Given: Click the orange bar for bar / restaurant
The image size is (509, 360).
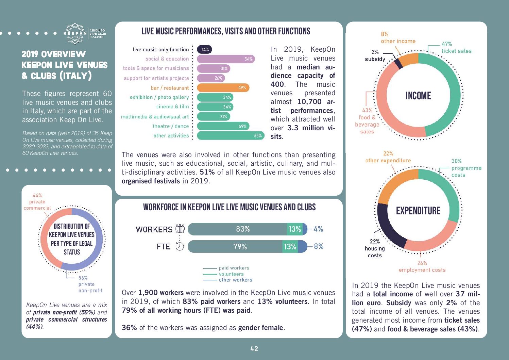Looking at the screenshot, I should click(223, 88).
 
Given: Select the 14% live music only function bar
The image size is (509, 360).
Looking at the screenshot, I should click(205, 49).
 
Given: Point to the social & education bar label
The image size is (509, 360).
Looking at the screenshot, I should click(167, 59).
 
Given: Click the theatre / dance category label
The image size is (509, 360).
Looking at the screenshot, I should click(171, 126).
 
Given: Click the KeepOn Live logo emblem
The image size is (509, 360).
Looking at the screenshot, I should click(75, 34).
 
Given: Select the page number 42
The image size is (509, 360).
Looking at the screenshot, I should click(254, 348).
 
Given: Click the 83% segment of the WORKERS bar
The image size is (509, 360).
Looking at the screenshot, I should click(238, 229).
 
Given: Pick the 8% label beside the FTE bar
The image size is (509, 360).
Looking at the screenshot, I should click(319, 246).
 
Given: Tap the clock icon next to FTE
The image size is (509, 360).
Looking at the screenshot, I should click(180, 246).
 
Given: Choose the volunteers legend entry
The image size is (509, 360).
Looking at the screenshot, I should click(231, 274).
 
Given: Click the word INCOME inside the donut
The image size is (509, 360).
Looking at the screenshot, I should click(418, 96).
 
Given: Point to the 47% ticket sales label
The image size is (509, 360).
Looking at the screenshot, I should click(456, 48).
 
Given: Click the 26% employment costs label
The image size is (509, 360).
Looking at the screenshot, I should click(422, 266).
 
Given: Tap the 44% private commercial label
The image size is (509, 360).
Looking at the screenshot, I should click(37, 202).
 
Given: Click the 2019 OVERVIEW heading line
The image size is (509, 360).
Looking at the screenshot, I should click(54, 54).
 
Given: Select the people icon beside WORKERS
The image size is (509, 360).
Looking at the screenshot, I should click(180, 229).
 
